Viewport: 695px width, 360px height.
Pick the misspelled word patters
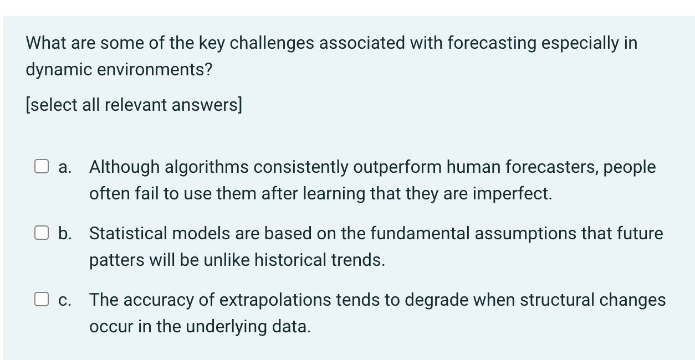coord(113,260)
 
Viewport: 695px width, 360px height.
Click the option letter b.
coord(65,233)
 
